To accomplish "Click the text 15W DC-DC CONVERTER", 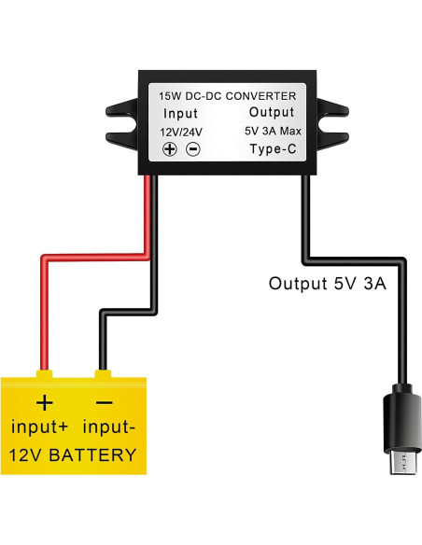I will pos(228,96).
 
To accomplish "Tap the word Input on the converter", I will pos(180,114).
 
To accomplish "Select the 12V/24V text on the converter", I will pos(180,132).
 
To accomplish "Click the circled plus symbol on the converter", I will pos(171,149).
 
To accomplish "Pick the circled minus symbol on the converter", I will pos(192,149).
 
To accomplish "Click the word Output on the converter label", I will pos(272,113).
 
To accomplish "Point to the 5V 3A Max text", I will pos(272,131).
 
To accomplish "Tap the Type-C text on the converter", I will pos(272,148).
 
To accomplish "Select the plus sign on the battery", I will pos(44,403).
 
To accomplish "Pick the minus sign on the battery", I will pos(105,403).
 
